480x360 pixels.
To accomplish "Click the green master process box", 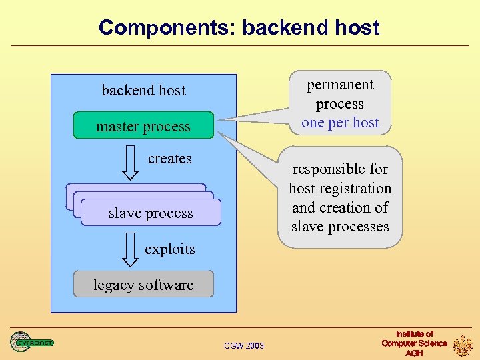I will (x=143, y=126).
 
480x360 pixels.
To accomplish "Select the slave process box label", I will (x=151, y=213).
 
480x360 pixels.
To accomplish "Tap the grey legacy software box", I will (x=143, y=285).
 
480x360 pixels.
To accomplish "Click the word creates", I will (x=170, y=159).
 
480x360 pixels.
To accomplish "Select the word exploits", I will (x=170, y=249).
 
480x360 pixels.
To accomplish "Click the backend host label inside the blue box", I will (x=143, y=90).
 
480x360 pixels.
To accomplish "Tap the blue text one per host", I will (x=340, y=123).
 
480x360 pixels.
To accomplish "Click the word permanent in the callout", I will (x=340, y=85).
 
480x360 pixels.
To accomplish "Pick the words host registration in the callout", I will (x=340, y=189).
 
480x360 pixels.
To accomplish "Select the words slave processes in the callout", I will (x=340, y=227).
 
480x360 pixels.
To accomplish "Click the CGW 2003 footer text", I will (x=244, y=345).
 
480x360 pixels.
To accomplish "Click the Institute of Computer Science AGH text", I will (x=414, y=343).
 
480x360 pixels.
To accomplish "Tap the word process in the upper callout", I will (x=340, y=104).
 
